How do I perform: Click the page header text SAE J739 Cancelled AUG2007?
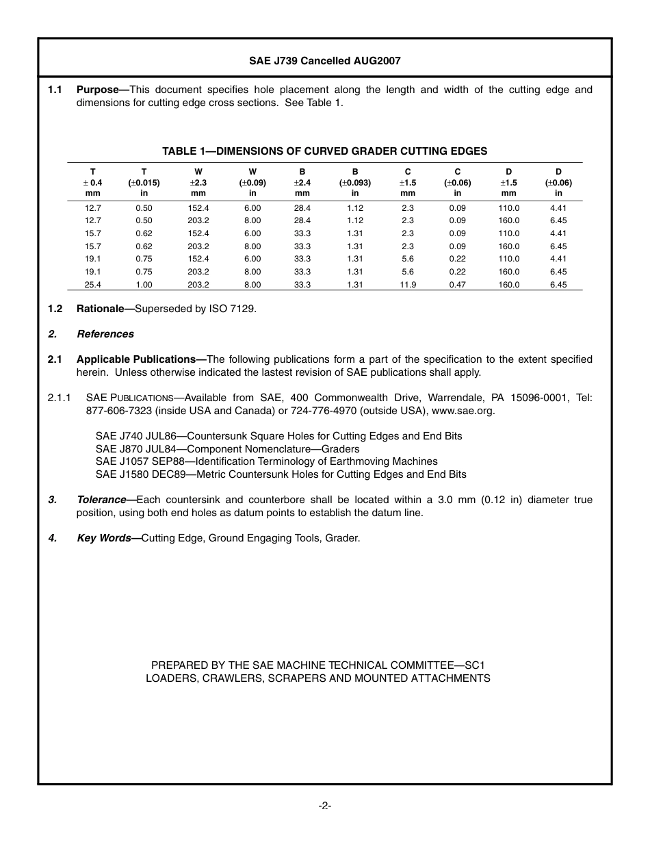(324, 61)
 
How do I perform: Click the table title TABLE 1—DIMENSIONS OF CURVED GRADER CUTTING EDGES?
(324, 151)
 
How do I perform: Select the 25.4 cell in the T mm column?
(93, 285)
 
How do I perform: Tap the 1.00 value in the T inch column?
(144, 285)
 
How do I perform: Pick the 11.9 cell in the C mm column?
(408, 285)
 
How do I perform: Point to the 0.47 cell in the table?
(457, 285)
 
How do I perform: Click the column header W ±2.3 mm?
(198, 183)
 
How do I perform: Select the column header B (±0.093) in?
(355, 183)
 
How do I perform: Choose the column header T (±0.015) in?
(144, 183)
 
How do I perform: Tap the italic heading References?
(105, 334)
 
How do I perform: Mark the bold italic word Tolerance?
(101, 500)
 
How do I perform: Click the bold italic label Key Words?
(104, 538)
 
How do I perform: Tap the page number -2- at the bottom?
(325, 806)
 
